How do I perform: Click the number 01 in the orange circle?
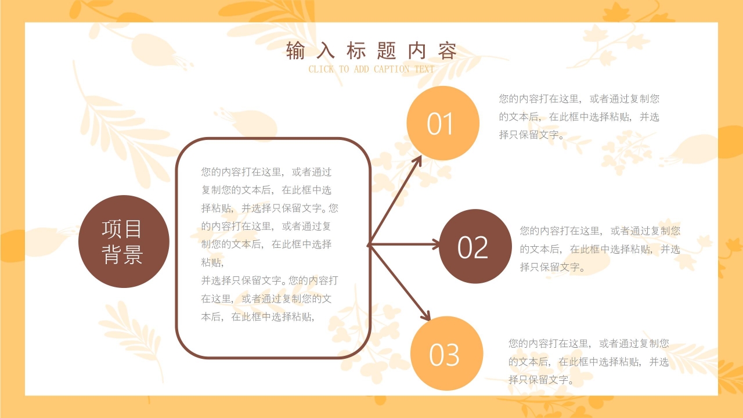pos(441,124)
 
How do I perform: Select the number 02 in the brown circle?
pos(473,247)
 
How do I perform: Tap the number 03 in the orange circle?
pos(444,355)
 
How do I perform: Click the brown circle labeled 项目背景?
pos(123,242)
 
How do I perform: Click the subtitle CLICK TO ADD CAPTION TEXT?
pos(371,70)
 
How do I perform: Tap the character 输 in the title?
pos(295,51)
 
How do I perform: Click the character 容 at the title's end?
pos(448,51)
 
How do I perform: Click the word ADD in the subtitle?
pos(360,70)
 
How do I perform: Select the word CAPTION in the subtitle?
pos(392,70)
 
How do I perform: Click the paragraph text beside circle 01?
pos(579,117)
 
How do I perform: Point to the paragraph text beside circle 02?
pos(600,249)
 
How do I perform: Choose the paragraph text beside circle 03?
pos(589,362)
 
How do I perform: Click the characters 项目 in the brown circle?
pos(122,229)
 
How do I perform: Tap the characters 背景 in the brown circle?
pos(122,255)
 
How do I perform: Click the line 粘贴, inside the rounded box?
pos(212,262)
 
